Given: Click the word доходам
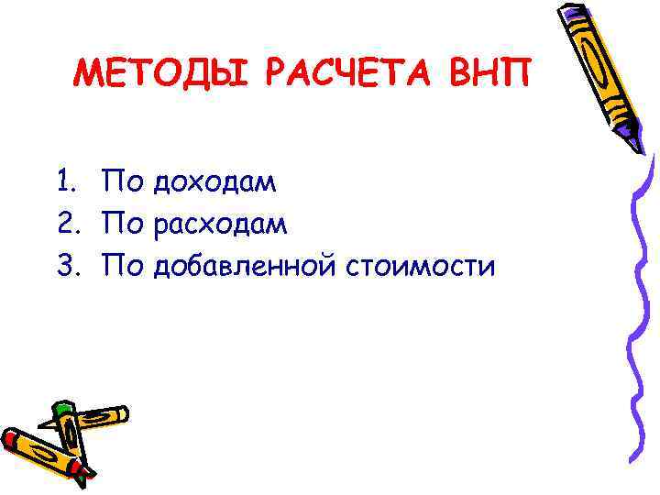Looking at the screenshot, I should [214, 183].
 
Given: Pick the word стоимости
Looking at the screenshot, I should [420, 267].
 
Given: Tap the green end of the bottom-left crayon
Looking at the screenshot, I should [63, 409].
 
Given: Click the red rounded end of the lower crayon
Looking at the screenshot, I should [12, 438].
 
